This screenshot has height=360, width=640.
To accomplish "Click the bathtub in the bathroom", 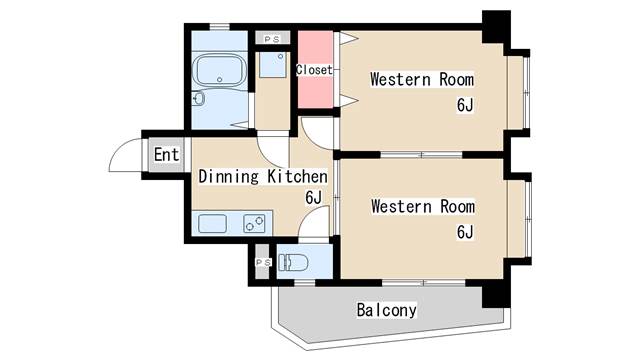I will [220, 71].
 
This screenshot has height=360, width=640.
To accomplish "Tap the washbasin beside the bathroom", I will [270, 67].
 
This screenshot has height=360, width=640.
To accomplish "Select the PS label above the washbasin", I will [271, 39].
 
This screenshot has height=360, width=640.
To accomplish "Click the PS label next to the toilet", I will [262, 262].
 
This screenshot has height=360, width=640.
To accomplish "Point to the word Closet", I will [315, 70].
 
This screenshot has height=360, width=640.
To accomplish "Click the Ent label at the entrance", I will [166, 155].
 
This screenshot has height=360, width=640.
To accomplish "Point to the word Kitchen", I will [297, 177].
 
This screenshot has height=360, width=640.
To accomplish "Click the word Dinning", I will [229, 177].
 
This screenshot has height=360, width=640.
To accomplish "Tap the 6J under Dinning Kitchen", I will [313, 197].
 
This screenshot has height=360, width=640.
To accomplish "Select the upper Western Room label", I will [422, 79].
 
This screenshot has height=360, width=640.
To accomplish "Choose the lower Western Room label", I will [422, 207].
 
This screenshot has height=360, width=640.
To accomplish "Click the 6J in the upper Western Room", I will [464, 104].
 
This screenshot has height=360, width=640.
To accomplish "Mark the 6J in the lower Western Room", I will [464, 232].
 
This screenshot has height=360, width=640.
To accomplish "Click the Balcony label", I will [386, 310].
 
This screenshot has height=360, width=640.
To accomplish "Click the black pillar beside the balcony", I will [495, 293].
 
